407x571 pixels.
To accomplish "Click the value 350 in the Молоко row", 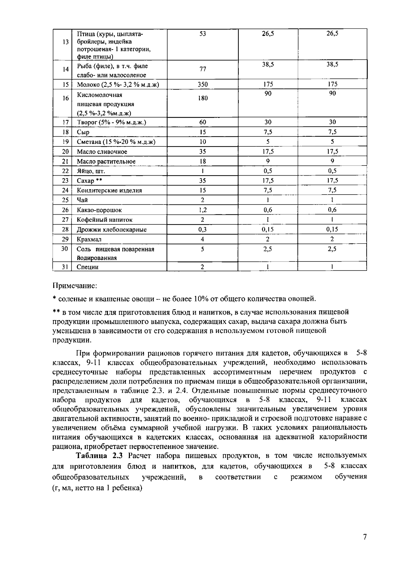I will (202, 84).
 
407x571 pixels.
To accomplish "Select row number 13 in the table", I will (65, 42).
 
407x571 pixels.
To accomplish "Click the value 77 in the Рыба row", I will (203, 70).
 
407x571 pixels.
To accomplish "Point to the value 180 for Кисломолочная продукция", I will (203, 98).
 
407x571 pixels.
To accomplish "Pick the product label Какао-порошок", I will (99, 210).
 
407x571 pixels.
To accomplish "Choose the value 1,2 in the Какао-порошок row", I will (202, 210).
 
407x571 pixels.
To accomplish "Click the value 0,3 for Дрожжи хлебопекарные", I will (202, 230).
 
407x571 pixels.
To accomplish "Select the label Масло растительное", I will (106, 161).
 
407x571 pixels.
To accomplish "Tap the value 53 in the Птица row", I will (203, 34).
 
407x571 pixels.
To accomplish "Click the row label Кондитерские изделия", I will (109, 191).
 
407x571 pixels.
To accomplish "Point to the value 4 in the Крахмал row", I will (202, 239).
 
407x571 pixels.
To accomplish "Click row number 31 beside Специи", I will (65, 267).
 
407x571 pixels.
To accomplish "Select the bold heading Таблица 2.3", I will (101, 455).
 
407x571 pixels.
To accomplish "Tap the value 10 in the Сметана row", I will (202, 142).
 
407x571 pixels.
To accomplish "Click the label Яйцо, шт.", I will (91, 171).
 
